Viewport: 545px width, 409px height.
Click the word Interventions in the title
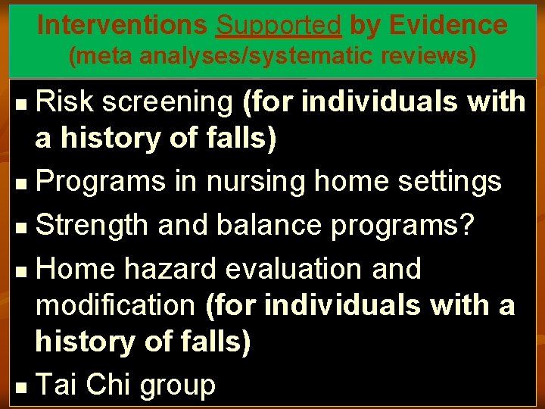[x=122, y=25]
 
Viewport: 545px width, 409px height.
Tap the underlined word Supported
[x=279, y=25]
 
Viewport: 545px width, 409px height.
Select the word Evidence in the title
[x=450, y=25]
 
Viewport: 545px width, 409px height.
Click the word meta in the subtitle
[x=103, y=55]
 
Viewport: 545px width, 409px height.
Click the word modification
[x=116, y=305]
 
